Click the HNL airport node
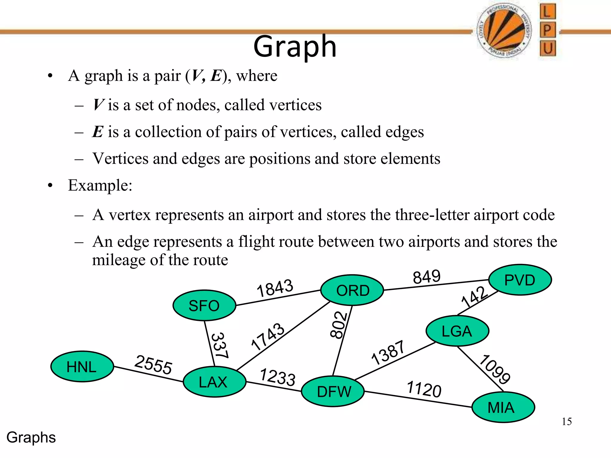pos(82,366)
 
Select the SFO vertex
pos(204,306)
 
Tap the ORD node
pos(352,290)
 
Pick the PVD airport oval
pos(520,280)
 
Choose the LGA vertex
pos(457,331)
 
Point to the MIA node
pos(503,407)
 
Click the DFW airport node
pos(333,392)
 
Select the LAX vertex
pos(215,382)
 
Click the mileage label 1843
pos(275,288)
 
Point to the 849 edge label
pos(427,276)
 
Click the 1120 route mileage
pos(424,389)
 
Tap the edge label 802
pos(339,325)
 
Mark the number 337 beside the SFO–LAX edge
pos(220,345)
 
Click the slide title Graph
pos(295,47)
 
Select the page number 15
pos(567,422)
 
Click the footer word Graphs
pos(31,437)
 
